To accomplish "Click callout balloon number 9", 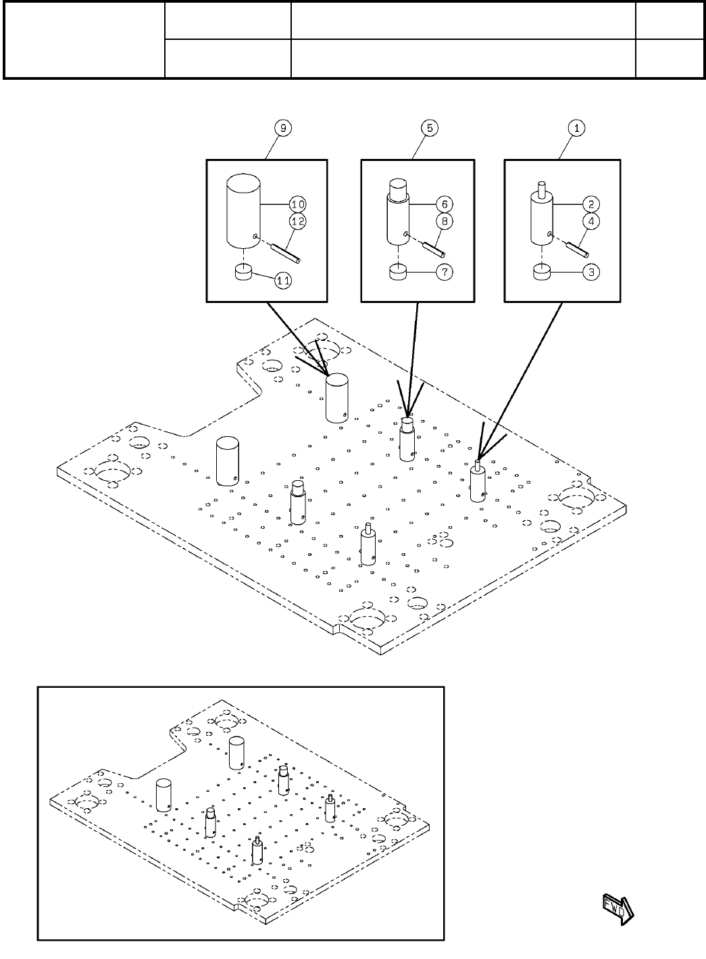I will click(x=282, y=127).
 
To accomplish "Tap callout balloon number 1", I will click(x=576, y=127).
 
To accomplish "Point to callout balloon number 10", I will click(x=297, y=204).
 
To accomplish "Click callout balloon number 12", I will click(x=297, y=220).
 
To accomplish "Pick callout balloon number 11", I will click(x=283, y=281).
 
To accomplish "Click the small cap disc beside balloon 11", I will click(x=243, y=272).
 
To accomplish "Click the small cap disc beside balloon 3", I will click(x=543, y=272).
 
